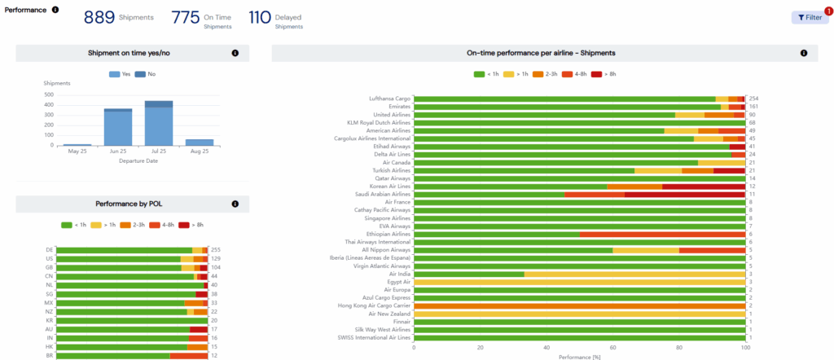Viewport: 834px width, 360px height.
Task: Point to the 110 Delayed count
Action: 259,17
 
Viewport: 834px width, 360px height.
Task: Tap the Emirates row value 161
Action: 753,107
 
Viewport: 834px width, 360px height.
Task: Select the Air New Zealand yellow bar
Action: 579,314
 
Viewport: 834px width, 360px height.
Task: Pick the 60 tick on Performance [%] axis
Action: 613,347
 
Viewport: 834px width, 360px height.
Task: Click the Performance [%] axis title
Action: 579,356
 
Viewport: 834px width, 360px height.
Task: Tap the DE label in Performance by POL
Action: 50,250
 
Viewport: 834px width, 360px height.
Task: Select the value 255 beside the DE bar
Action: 215,250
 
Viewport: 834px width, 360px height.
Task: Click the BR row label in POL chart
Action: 50,356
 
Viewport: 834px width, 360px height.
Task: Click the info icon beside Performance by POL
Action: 235,204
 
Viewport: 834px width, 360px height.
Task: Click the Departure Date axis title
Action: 138,160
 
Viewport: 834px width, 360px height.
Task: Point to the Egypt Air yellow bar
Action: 579,282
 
